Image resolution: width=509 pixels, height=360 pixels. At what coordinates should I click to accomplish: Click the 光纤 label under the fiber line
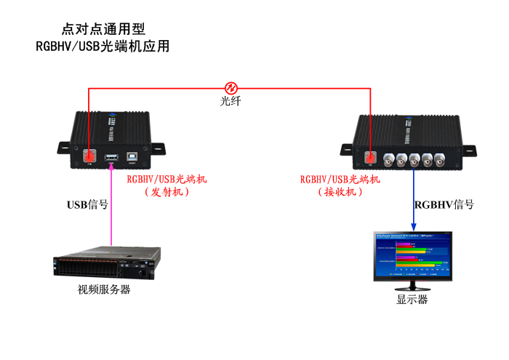pos(231,101)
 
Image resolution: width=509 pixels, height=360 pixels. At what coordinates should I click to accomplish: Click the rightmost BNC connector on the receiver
pos(440,160)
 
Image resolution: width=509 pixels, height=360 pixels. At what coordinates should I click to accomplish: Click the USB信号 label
pos(87,205)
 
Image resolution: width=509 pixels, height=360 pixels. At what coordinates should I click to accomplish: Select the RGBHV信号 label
pos(444,205)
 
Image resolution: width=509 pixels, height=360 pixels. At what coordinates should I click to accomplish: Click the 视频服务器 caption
pos(104,289)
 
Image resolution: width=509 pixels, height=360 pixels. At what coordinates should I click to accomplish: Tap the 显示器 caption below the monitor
pos(412,300)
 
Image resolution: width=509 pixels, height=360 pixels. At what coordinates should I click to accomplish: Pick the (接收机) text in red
pos(340,193)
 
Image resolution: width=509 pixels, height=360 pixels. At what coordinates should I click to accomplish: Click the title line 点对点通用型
pos(104,29)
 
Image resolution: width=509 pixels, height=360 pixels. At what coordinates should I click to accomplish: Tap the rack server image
pos(108,263)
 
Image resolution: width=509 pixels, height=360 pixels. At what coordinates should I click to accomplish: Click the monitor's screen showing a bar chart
pos(413,255)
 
